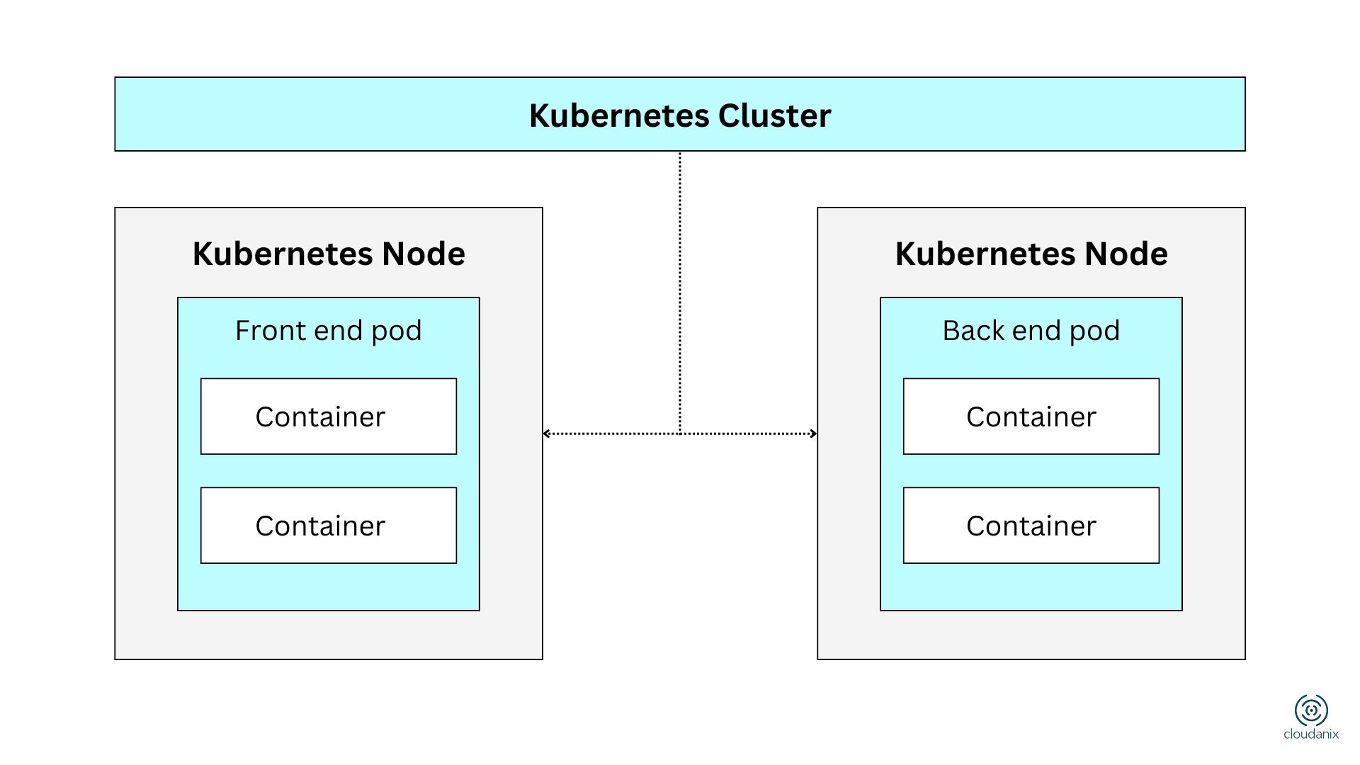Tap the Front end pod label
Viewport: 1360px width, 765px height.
328,331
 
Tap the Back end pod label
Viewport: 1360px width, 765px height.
1031,331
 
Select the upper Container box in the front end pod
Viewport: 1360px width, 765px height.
328,416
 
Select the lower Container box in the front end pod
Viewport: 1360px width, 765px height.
328,526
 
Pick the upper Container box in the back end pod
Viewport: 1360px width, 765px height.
1031,416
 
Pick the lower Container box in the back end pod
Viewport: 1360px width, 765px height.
1031,526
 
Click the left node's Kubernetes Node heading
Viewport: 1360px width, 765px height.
328,254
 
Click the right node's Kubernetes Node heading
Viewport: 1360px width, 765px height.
1031,254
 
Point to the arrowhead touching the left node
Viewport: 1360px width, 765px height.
546,433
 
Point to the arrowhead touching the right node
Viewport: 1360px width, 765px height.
814,433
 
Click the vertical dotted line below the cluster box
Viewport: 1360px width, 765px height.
680,283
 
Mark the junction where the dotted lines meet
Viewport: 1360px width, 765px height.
680,433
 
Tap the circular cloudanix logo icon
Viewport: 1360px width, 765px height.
1311,710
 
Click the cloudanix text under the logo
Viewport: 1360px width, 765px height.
1311,735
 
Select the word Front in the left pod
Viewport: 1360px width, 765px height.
262,331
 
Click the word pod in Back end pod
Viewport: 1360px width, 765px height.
1096,331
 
